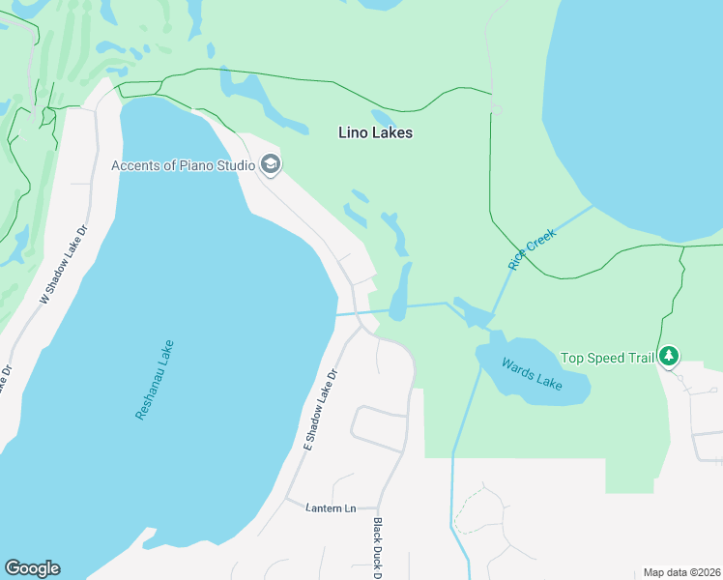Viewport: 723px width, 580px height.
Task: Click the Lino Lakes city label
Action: pos(376,132)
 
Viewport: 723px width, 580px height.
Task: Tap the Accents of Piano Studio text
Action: pos(183,165)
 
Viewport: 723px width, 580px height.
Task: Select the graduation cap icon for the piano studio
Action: pos(270,165)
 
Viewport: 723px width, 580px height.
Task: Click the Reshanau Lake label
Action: pos(155,378)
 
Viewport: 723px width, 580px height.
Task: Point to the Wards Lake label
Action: pos(531,373)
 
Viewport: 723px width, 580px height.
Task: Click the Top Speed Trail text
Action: pos(608,358)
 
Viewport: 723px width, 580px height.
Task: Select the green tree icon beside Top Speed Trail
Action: pos(669,357)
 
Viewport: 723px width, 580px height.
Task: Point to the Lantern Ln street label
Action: pos(330,507)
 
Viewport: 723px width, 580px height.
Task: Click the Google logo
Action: pos(32,568)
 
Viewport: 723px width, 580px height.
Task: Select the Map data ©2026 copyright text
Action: pos(681,572)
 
